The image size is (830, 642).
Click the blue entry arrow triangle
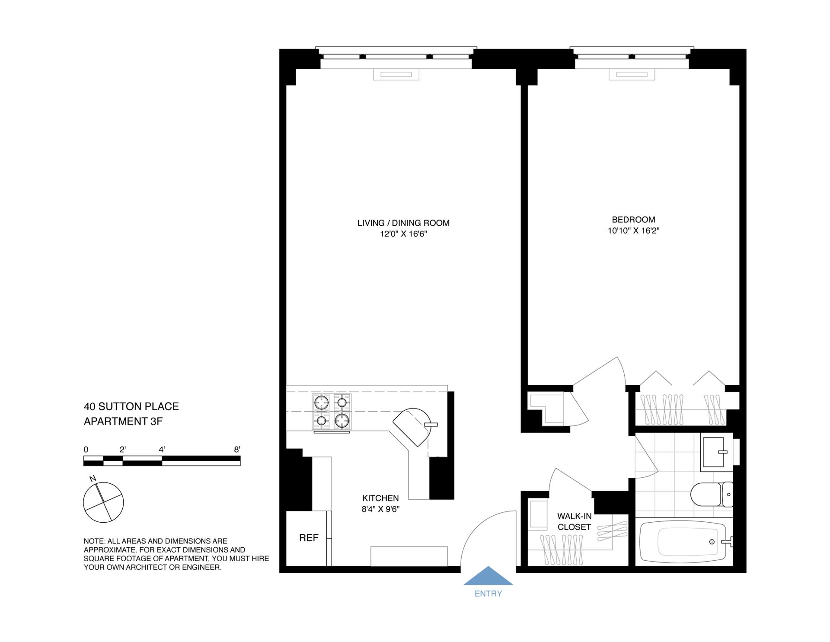click(488, 577)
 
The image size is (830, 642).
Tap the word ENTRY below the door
click(488, 594)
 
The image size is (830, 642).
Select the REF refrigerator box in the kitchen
click(308, 538)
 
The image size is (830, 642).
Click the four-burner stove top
click(332, 412)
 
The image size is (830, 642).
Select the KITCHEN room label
click(380, 498)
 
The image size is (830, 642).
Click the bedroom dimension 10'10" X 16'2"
click(633, 231)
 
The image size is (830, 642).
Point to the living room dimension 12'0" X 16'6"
click(403, 234)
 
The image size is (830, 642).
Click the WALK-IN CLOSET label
click(574, 521)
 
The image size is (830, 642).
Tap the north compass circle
click(103, 502)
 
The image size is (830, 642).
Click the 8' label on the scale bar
click(237, 450)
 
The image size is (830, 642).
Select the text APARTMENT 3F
click(123, 421)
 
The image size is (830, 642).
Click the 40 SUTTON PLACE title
click(131, 406)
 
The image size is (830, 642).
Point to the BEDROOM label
click(633, 220)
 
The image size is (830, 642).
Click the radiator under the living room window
click(396, 75)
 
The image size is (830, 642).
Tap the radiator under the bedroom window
click(632, 75)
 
